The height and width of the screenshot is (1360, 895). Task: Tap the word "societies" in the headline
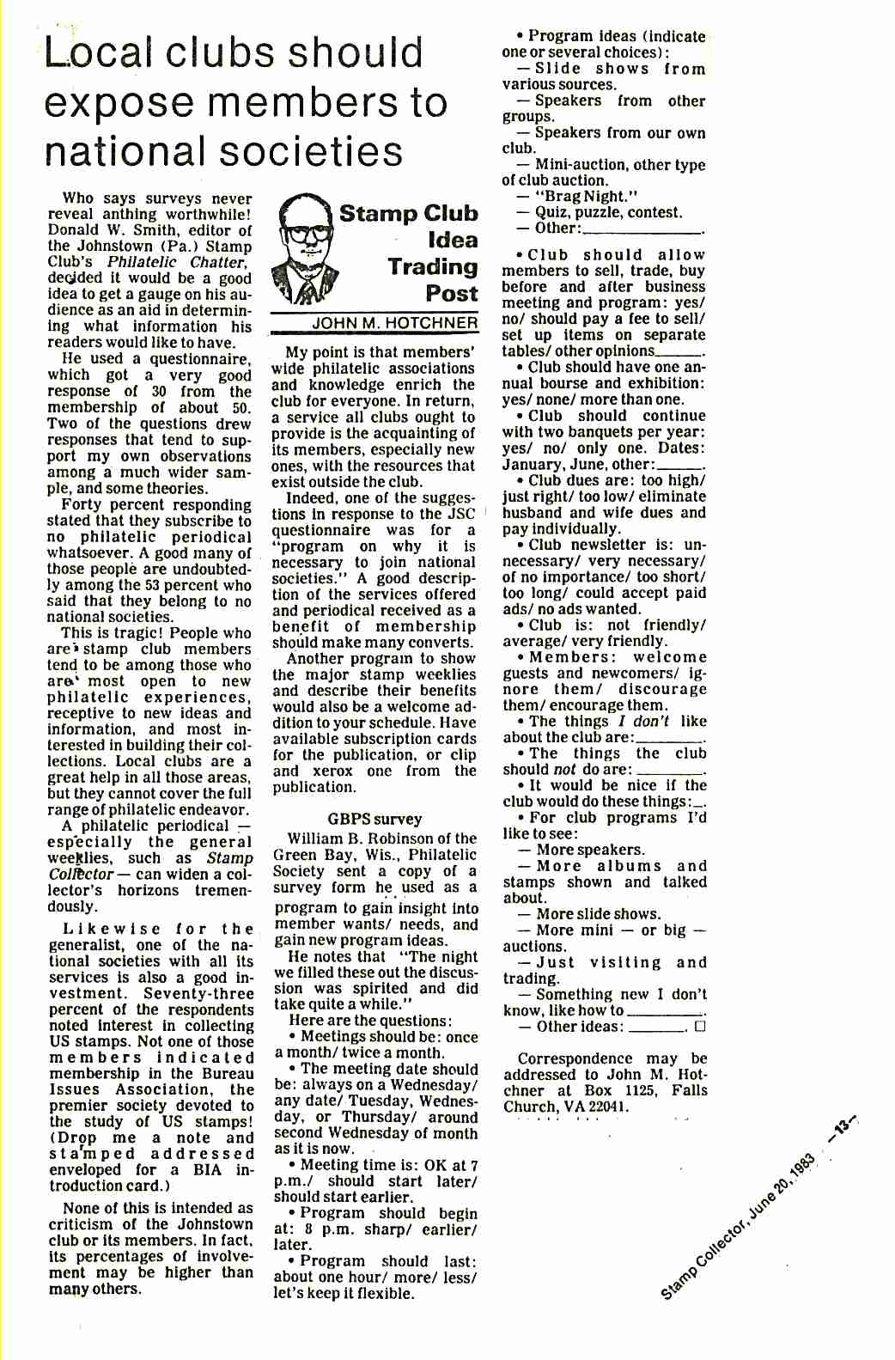click(312, 151)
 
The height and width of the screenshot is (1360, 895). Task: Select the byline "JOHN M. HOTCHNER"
click(394, 323)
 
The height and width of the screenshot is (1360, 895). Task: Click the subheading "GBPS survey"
click(374, 819)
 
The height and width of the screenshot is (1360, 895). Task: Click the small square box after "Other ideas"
click(700, 1026)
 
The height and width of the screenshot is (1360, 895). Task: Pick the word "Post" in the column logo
click(451, 294)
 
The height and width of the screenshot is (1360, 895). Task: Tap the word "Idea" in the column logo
click(453, 241)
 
